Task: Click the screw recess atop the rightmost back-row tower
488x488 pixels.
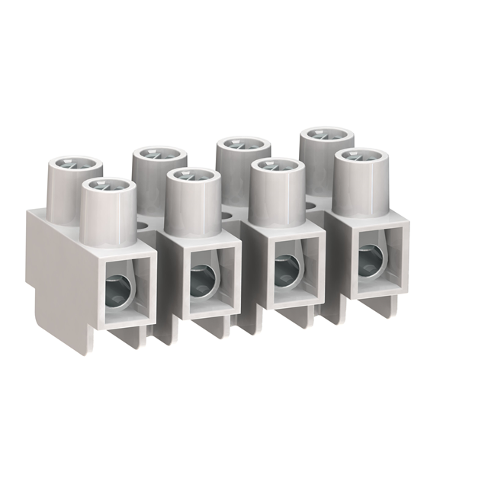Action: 326,138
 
